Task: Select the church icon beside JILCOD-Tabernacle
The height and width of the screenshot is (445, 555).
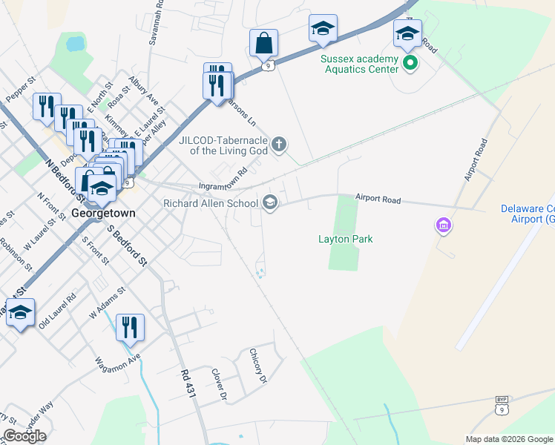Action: coord(279,144)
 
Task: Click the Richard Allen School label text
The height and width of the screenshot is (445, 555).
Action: coord(210,202)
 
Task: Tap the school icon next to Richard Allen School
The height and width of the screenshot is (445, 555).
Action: coord(270,202)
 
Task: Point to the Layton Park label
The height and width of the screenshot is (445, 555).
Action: coord(345,239)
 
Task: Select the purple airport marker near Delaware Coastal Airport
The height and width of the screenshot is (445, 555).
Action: coord(443,224)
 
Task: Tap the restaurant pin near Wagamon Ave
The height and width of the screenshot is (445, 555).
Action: coord(130,327)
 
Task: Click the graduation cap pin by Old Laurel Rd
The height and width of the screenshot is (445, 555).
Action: coord(20,312)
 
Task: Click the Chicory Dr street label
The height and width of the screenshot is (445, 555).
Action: coord(257,366)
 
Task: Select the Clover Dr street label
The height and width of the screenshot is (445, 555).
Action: coord(219,384)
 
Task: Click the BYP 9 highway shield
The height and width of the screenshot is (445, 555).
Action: coord(502,406)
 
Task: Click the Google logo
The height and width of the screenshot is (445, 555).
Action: coord(24,436)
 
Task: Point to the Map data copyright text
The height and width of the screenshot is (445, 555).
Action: coord(508,439)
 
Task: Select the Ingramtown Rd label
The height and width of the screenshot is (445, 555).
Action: coord(223,184)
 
